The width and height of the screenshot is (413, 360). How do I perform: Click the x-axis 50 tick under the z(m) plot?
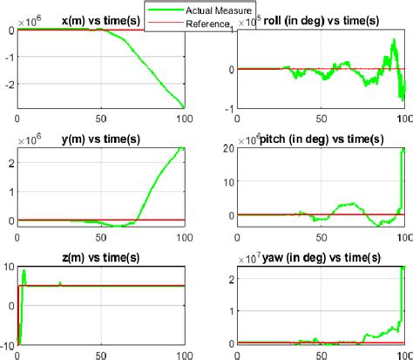pyautogui.click(x=103, y=354)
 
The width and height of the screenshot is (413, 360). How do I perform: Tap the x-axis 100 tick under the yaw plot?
pyautogui.click(x=402, y=354)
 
